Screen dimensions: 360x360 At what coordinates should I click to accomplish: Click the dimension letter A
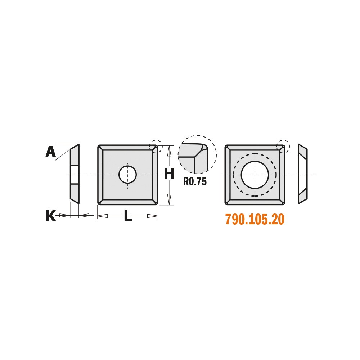[50, 152]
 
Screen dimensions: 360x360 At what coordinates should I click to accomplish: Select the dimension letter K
[51, 216]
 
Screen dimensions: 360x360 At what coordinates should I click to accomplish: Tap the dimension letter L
[128, 216]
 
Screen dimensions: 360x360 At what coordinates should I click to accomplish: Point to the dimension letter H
[169, 174]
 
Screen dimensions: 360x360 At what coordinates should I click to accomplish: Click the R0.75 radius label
[195, 181]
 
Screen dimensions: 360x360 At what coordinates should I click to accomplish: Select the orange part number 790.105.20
[255, 219]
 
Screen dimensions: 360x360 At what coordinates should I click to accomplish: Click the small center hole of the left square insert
[128, 175]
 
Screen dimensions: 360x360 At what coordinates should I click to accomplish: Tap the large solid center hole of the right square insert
[255, 175]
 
